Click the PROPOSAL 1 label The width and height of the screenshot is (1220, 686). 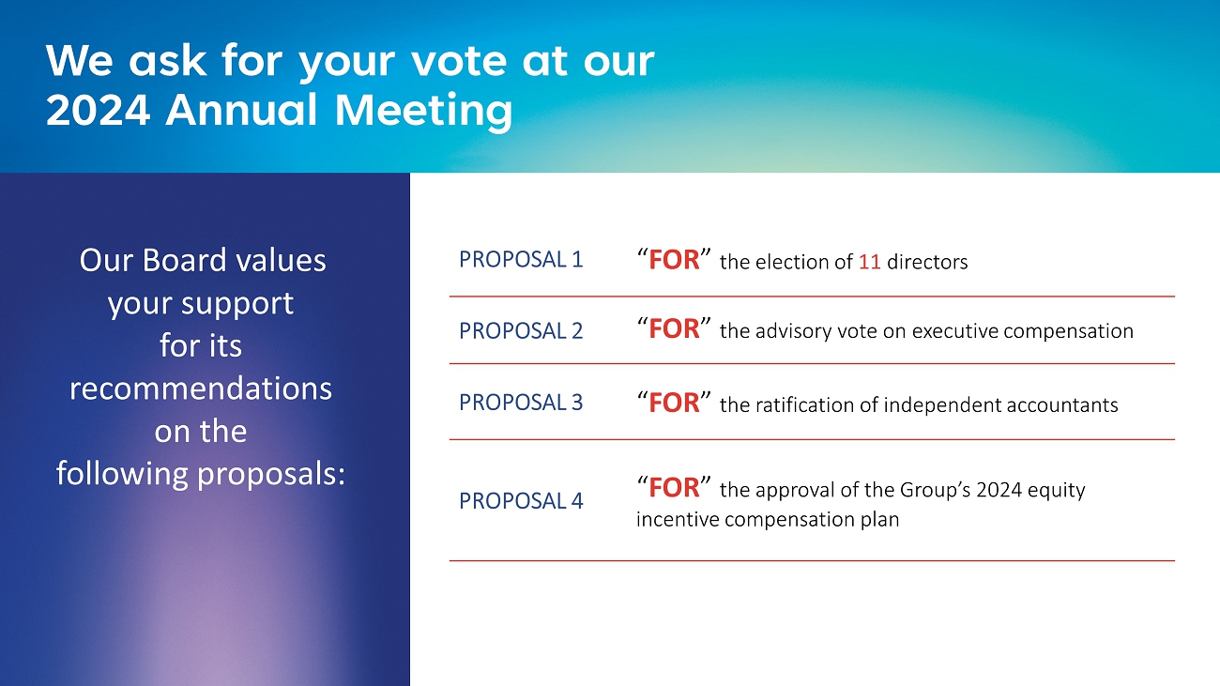tap(521, 259)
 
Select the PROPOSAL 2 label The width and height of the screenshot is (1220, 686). tap(521, 330)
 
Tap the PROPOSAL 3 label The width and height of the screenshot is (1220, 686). tap(521, 403)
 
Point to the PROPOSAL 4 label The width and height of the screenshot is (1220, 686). tap(521, 501)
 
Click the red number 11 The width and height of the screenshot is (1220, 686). tap(869, 262)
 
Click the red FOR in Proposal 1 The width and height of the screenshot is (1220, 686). tap(674, 260)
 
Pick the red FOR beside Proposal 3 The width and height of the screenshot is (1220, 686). tap(674, 403)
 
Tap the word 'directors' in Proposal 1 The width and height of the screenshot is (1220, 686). tap(927, 262)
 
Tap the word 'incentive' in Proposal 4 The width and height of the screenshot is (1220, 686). tap(677, 519)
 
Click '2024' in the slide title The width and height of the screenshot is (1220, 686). tap(98, 110)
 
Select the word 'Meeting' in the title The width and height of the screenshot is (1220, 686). tap(424, 111)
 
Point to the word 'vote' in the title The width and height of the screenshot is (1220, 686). tap(460, 61)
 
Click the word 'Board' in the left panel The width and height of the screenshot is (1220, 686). tap(184, 260)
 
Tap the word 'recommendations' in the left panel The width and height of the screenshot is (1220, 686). tap(201, 389)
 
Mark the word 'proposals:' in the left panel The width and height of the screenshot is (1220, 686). tap(271, 475)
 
